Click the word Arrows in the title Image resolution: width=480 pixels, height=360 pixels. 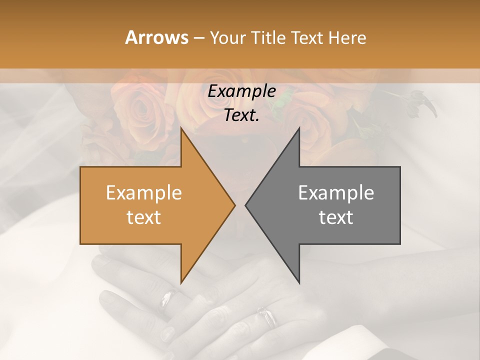click(x=156, y=37)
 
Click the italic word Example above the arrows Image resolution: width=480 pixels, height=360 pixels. click(x=241, y=91)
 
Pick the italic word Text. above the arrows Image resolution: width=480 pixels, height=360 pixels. click(x=241, y=115)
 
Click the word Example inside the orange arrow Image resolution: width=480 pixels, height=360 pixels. click(x=144, y=193)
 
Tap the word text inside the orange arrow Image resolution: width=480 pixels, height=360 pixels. click(x=144, y=217)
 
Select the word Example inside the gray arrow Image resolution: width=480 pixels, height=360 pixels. click(x=336, y=193)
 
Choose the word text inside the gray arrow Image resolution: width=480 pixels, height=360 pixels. click(x=336, y=217)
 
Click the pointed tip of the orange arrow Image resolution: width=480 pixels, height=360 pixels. click(x=234, y=205)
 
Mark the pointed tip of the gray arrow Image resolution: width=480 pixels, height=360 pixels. click(x=246, y=205)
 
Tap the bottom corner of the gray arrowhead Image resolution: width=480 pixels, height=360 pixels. click(x=299, y=283)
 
